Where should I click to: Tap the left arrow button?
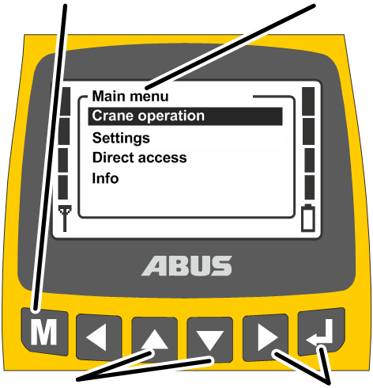pos(99,337)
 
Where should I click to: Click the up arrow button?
pos(155,339)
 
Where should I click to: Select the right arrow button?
pos(266,337)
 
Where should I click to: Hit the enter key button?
pos(322,331)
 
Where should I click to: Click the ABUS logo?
pos(187,266)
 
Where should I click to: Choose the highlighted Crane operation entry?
pos(185,116)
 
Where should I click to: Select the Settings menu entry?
pos(121,138)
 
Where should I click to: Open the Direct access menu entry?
pos(139,158)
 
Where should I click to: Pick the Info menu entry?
pos(105,178)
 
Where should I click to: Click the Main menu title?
pos(130,96)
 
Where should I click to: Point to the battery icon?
pos(308,218)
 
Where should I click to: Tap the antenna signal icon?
pos(65,219)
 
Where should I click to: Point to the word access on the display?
pos(163,158)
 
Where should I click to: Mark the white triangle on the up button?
pos(155,340)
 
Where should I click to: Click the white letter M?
pos(43,333)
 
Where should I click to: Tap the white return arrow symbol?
pos(320,333)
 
